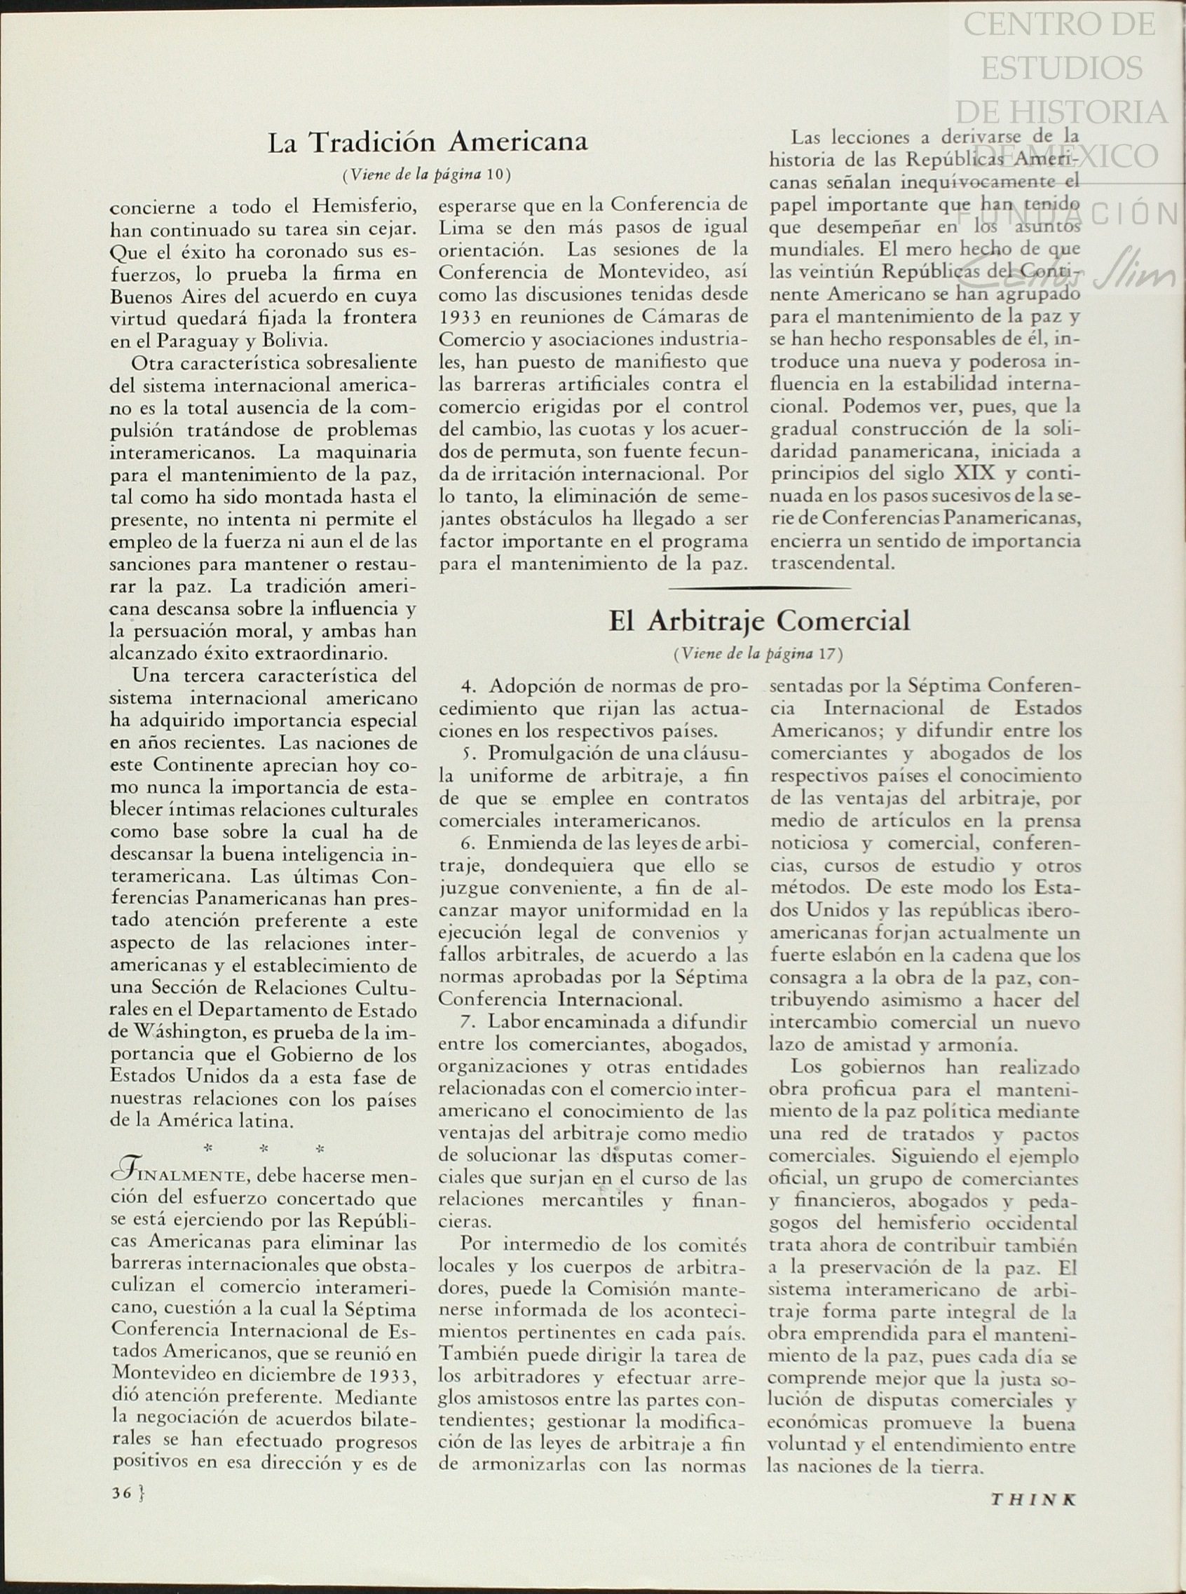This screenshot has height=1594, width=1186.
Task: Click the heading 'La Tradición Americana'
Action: pyautogui.click(x=428, y=142)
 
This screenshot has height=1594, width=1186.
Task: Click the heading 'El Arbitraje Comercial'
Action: pyautogui.click(x=759, y=620)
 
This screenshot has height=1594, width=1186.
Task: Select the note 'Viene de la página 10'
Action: pyautogui.click(x=428, y=174)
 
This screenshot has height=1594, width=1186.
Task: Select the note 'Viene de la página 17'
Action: pyautogui.click(x=758, y=653)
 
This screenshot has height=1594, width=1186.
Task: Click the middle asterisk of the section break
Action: pyautogui.click(x=264, y=1150)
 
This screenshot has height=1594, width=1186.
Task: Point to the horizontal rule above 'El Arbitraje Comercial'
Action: pyautogui.click(x=759, y=587)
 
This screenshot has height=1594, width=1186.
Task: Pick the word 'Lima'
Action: pyautogui.click(x=458, y=227)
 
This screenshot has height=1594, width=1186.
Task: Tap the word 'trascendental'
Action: pyautogui.click(x=832, y=563)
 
